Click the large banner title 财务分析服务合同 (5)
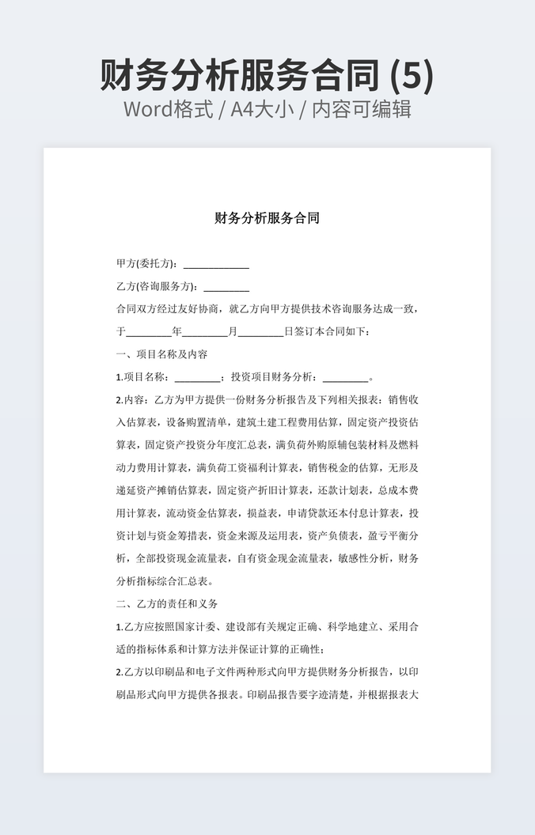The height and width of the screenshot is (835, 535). (267, 76)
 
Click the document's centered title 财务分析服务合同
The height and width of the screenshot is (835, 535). (267, 218)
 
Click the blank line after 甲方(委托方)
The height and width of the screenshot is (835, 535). (216, 264)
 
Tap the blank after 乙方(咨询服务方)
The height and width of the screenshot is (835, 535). (226, 286)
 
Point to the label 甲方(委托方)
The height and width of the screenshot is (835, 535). (146, 264)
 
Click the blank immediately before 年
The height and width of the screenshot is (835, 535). (149, 332)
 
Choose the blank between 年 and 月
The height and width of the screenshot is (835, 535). (205, 332)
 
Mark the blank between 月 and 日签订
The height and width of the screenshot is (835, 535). (260, 332)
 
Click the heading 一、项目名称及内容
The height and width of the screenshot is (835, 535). (161, 354)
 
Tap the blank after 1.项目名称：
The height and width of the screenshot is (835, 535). (197, 377)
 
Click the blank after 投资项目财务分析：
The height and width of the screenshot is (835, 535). (346, 377)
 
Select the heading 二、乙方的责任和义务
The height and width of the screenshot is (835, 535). (166, 604)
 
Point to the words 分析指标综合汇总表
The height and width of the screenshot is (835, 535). (161, 581)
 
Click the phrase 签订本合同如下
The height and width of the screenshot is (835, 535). (332, 332)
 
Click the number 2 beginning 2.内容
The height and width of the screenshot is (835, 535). (119, 400)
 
